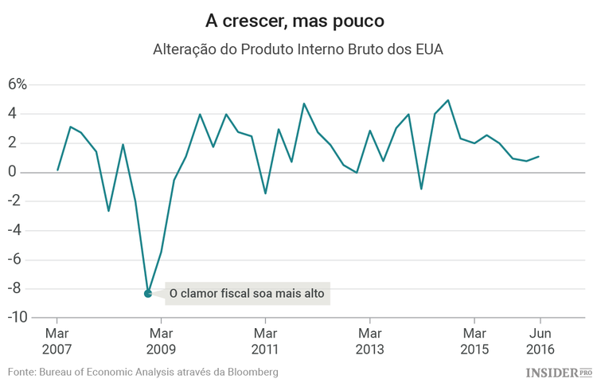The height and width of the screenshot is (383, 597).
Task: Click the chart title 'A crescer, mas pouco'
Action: point(298,19)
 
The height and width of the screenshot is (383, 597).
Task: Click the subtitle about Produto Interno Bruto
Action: point(298,49)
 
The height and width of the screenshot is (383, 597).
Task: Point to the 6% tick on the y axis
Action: point(18,85)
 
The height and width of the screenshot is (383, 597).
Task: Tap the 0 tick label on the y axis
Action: point(22,173)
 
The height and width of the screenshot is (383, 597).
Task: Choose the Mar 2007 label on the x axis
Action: point(57,340)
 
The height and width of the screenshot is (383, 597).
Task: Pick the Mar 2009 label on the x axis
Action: point(161,340)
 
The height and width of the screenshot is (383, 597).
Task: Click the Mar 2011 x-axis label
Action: point(265,340)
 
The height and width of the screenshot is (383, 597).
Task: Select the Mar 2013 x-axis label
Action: point(369,340)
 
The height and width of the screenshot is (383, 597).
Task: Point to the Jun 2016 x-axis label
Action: point(540,340)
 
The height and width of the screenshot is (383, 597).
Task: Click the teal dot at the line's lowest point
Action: point(148,294)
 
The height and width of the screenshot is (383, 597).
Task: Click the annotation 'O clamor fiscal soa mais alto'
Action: point(248,294)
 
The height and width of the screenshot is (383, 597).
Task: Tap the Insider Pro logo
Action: point(559,372)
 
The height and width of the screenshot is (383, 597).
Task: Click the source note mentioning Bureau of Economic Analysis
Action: point(143,372)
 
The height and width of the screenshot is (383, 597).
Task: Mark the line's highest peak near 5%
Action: point(448,100)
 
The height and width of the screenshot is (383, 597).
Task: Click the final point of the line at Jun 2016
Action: point(539,156)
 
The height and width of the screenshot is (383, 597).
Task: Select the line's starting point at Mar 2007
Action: point(57,170)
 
